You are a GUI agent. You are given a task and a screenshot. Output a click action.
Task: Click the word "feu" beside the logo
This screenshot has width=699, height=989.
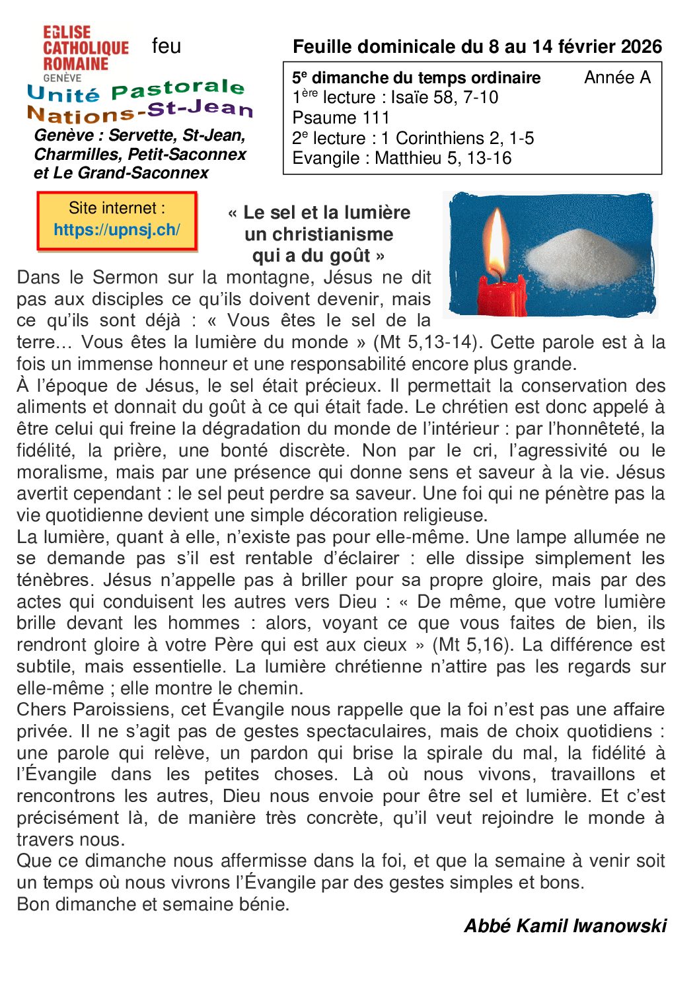[x=166, y=46]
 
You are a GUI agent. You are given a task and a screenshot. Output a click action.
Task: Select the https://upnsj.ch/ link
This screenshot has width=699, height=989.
[x=117, y=230]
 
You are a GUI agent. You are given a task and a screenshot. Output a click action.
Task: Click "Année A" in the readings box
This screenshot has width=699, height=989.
[x=617, y=77]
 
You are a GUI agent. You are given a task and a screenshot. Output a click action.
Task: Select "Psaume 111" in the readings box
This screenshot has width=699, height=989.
[x=341, y=118]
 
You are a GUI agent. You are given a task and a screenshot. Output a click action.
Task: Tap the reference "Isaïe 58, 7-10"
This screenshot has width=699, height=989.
[x=445, y=98]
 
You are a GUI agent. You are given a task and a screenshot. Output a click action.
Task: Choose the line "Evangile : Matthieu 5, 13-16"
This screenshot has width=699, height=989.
[x=402, y=159]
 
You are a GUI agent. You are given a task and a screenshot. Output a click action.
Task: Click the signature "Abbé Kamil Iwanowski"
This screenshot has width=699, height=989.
[x=566, y=926]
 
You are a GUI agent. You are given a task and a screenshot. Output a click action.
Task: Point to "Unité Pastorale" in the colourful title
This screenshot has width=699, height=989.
[x=136, y=91]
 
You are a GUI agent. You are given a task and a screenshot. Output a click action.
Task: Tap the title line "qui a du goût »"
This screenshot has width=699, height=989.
[x=318, y=256]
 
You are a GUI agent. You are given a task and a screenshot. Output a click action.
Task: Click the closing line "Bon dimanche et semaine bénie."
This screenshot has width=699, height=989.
[x=153, y=904]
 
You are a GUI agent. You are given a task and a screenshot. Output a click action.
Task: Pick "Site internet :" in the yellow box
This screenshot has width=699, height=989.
[x=117, y=208]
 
